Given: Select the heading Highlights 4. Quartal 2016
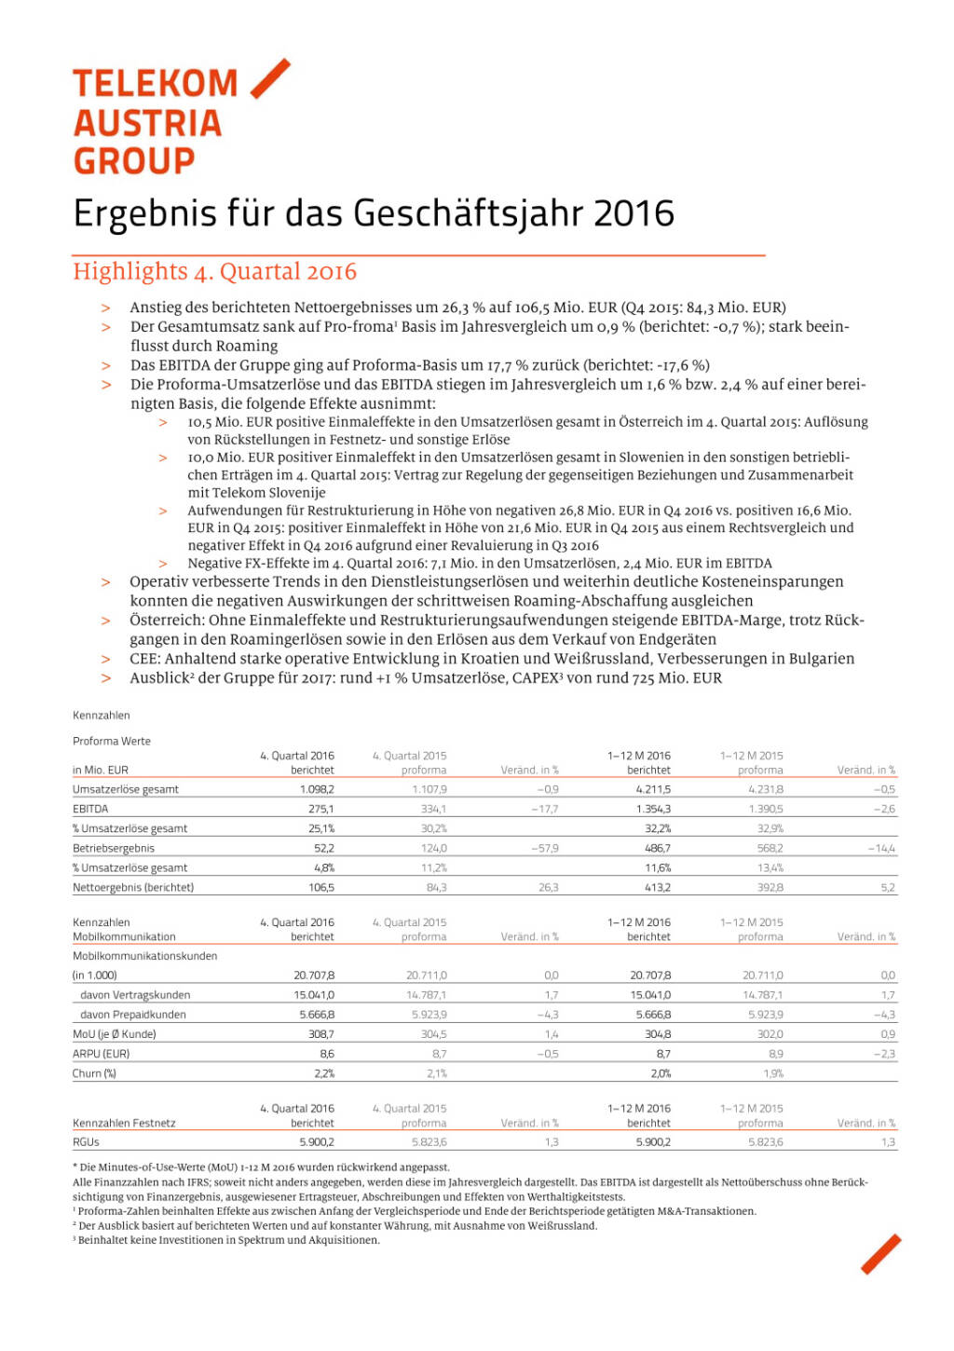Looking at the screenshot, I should click(215, 272).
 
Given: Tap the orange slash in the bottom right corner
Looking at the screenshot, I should click(880, 1254).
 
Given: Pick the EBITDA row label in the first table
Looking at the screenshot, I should click(90, 809).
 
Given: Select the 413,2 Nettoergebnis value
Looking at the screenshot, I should click(657, 888).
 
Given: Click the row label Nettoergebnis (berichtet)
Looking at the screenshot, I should click(133, 888).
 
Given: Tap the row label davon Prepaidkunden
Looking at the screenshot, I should click(133, 1015).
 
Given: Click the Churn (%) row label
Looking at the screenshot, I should click(94, 1073).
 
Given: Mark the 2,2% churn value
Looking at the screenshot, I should click(323, 1073).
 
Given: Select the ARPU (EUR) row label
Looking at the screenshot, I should click(101, 1054).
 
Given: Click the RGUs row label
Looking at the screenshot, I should click(86, 1142).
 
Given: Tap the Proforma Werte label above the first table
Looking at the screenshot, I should click(112, 742).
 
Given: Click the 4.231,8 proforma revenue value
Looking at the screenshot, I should click(765, 789).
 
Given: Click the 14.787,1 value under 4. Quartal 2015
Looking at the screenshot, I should click(426, 995).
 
